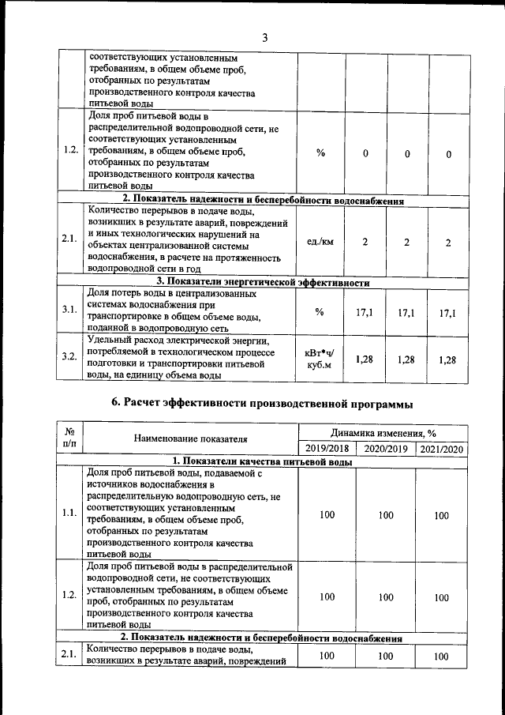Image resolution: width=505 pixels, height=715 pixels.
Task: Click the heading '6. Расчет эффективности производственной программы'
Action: click(263, 404)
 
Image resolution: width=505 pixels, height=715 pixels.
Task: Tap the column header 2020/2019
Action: click(386, 449)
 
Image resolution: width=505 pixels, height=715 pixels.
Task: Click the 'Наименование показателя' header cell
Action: click(191, 439)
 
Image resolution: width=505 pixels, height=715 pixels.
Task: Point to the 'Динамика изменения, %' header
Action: click(384, 433)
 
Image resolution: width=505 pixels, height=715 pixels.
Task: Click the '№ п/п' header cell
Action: click(69, 439)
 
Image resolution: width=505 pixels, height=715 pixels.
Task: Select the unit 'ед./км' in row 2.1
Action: click(320, 242)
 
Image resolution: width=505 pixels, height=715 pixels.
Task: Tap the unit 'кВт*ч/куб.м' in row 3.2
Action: click(320, 359)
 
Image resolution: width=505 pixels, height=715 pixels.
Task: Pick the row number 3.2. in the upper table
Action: click(69, 356)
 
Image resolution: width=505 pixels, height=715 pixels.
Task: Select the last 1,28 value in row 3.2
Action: click(447, 360)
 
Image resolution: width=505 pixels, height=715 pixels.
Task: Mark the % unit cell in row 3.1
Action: click(320, 311)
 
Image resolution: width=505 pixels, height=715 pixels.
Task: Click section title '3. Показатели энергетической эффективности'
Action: click(263, 281)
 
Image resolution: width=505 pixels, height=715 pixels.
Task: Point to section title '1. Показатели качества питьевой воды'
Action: click(263, 461)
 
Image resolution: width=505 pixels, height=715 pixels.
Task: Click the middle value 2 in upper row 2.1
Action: click(406, 242)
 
